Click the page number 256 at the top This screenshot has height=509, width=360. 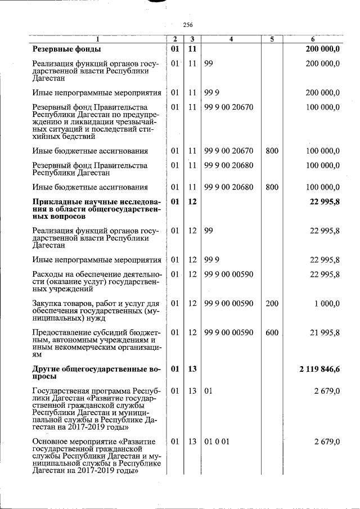(187, 25)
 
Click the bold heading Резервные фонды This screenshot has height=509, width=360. (66, 49)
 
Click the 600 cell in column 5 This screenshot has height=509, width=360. (272, 332)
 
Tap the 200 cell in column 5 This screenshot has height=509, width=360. (272, 303)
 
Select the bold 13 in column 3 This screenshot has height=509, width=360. (192, 369)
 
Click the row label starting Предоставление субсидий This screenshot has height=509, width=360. (97, 344)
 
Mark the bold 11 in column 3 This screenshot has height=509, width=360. (192, 49)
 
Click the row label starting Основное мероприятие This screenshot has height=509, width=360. (97, 456)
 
